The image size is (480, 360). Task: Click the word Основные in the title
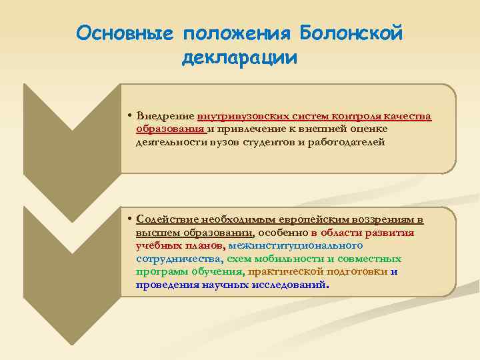pyautogui.click(x=124, y=33)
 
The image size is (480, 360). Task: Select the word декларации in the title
pyautogui.click(x=239, y=57)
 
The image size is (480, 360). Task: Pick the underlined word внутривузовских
pyautogui.click(x=241, y=117)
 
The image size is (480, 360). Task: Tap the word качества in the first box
pyautogui.click(x=409, y=117)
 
